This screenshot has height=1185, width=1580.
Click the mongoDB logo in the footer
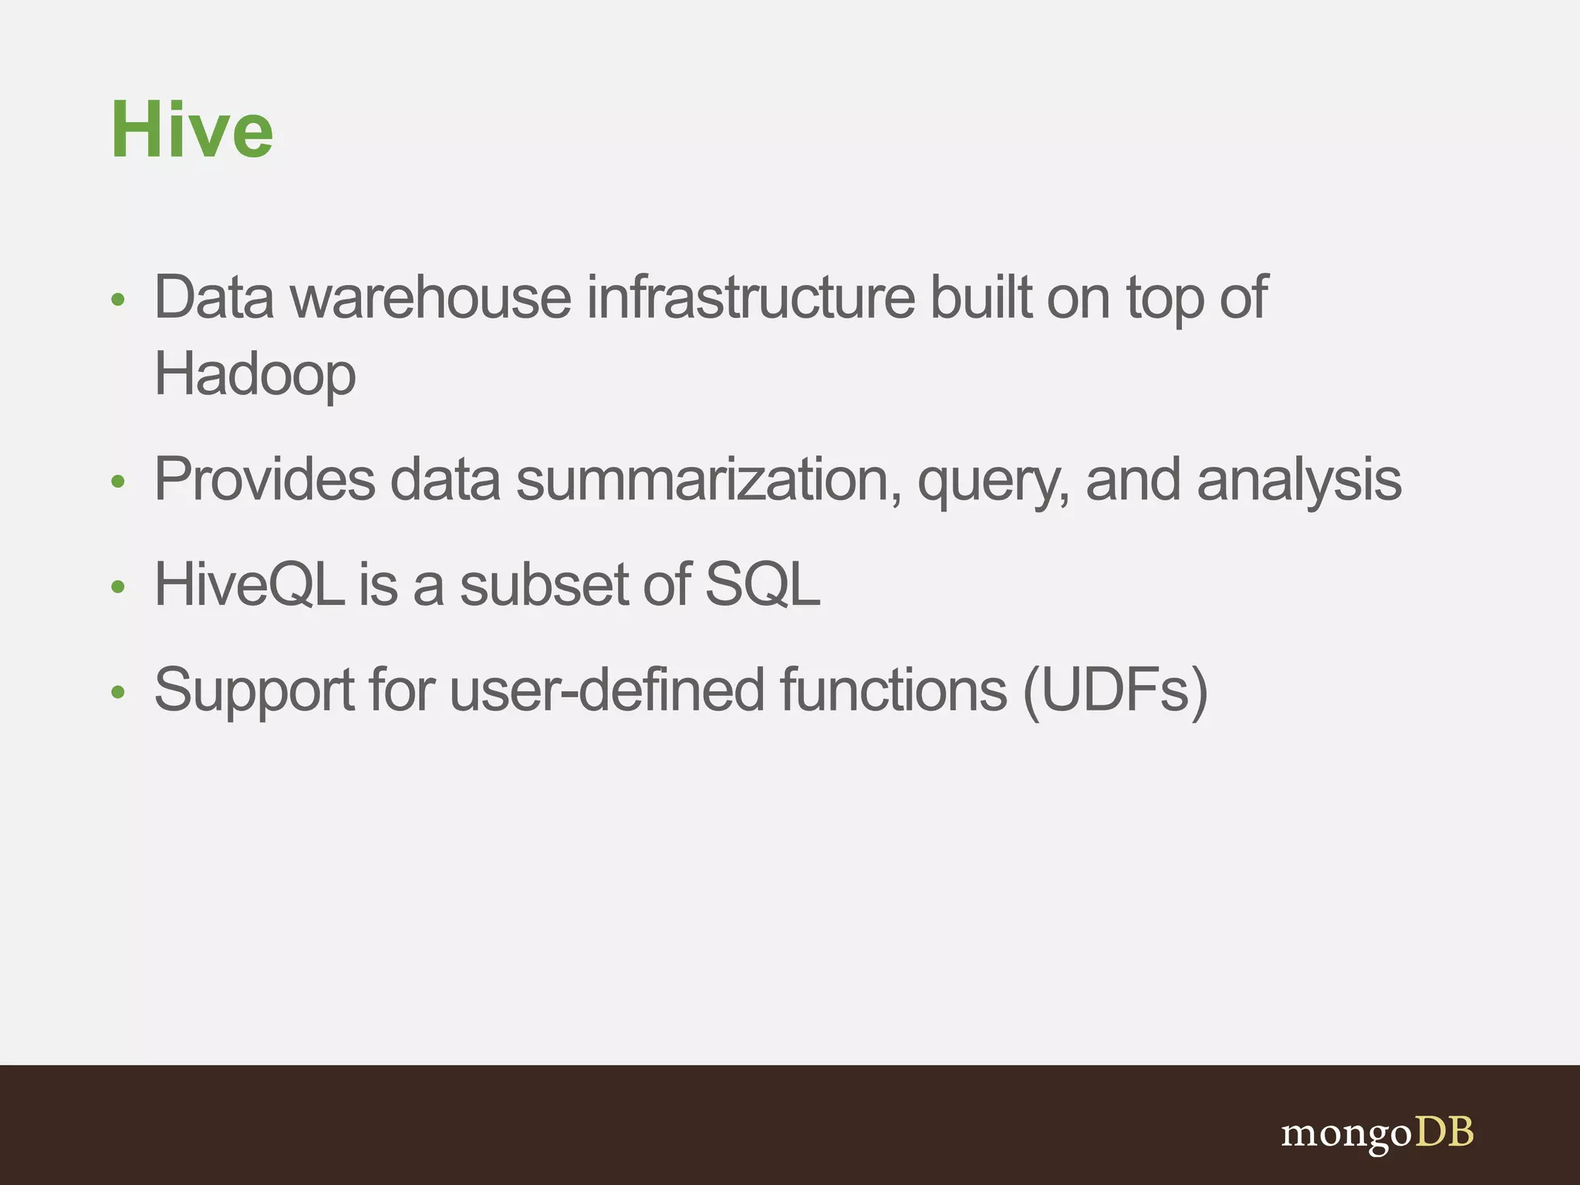(1377, 1133)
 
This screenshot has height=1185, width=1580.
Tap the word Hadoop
(255, 375)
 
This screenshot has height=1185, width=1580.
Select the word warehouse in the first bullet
(430, 298)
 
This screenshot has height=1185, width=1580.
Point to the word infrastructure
(751, 298)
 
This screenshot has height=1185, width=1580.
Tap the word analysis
(1299, 480)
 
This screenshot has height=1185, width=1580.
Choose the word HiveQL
(249, 585)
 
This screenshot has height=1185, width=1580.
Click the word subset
(544, 585)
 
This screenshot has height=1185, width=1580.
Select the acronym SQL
(762, 585)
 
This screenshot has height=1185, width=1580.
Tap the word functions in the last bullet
(893, 689)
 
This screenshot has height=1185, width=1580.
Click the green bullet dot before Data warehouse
(118, 300)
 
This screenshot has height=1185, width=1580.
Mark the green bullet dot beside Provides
(118, 482)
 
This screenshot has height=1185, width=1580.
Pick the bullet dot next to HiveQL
(118, 587)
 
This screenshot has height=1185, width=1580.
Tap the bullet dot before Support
(118, 692)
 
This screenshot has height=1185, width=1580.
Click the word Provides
(265, 480)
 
